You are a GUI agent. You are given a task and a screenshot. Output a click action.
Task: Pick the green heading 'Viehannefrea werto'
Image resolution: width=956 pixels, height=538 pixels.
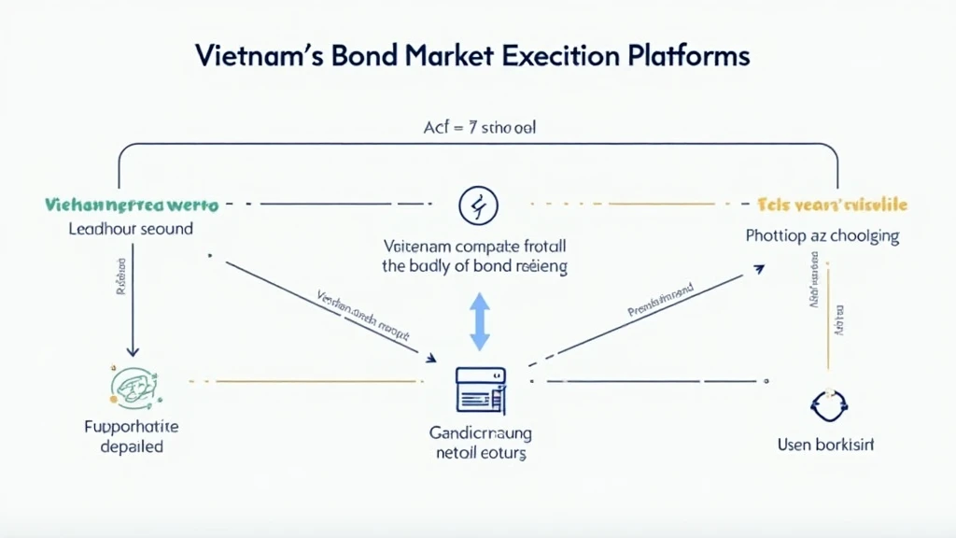pyautogui.click(x=131, y=204)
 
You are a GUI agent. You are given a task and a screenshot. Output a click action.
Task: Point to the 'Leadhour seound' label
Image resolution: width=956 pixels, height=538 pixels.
pyautogui.click(x=131, y=228)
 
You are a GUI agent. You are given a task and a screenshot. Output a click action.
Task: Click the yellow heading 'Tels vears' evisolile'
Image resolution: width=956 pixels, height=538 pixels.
pyautogui.click(x=833, y=205)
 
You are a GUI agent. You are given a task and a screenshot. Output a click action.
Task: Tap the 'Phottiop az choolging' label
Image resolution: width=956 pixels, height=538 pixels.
pyautogui.click(x=822, y=235)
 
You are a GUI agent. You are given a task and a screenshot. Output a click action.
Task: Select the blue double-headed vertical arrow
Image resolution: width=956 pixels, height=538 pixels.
pyautogui.click(x=479, y=320)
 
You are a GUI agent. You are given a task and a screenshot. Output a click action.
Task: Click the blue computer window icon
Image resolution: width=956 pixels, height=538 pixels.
pyautogui.click(x=480, y=389)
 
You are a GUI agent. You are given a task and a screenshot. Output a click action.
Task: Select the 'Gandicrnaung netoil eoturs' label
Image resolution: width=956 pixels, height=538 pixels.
pyautogui.click(x=480, y=443)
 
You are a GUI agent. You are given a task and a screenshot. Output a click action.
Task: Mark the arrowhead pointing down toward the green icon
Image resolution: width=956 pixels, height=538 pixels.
pyautogui.click(x=133, y=350)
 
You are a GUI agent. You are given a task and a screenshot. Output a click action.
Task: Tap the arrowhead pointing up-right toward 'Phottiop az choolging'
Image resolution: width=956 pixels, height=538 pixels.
pyautogui.click(x=758, y=269)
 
